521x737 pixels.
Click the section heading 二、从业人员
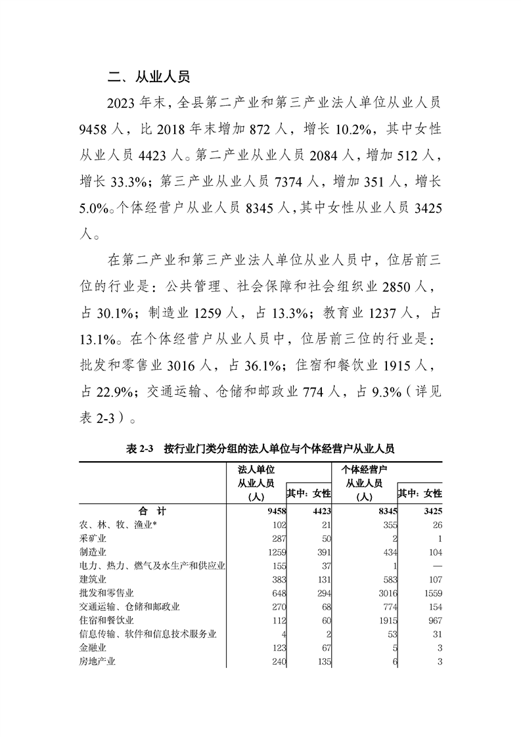point(148,77)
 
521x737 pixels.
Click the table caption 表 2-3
point(139,449)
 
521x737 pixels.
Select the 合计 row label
point(152,510)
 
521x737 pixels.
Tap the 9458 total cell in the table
point(272,510)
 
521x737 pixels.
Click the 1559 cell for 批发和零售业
point(431,594)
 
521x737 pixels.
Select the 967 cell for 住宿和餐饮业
point(434,621)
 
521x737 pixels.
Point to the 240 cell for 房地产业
point(274,662)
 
